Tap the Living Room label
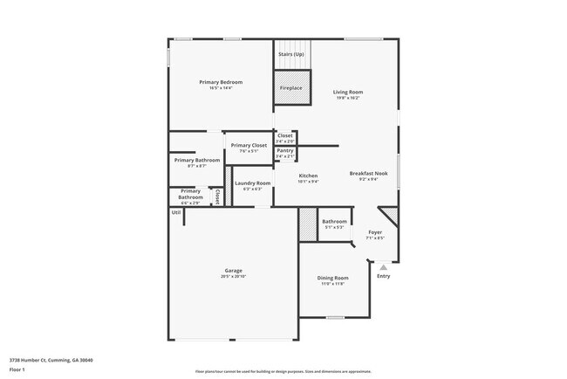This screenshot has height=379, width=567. click(349, 92)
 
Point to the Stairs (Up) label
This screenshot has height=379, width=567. click(290, 54)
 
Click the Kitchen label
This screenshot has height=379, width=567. click(308, 176)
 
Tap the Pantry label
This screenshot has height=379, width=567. click(285, 150)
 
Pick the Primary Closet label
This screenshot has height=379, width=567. click(249, 145)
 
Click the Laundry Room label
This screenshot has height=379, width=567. click(252, 183)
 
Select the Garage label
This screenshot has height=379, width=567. click(233, 270)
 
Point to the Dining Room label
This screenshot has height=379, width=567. click(332, 278)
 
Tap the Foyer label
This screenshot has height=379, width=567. click(375, 231)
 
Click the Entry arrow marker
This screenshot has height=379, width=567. click(383, 266)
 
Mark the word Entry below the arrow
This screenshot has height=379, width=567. click(383, 277)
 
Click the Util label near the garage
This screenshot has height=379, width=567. click(175, 212)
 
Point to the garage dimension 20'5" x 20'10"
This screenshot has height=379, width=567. click(233, 276)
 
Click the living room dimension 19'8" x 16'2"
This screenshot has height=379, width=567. click(349, 98)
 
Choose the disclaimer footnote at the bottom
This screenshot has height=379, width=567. click(283, 370)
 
